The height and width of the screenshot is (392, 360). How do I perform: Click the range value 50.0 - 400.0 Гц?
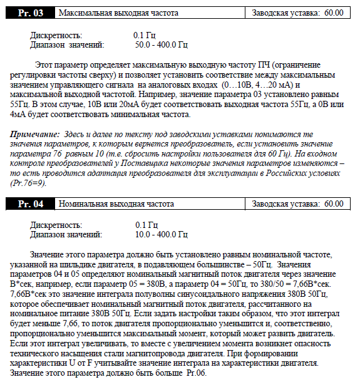162,45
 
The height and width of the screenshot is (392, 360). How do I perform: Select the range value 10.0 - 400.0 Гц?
162,234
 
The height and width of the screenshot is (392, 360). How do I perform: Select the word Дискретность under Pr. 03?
56,35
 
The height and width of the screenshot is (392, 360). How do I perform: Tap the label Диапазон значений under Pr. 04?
67,234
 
